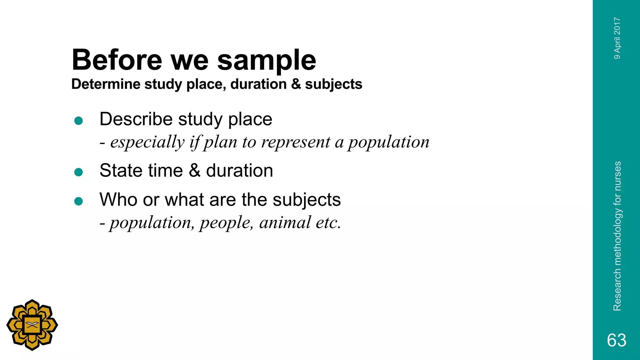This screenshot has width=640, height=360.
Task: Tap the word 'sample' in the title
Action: pos(267,61)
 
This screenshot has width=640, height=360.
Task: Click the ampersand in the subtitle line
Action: pos(296,84)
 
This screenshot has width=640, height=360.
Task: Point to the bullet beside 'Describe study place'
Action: pos(79,121)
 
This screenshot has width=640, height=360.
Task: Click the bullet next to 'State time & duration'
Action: pos(79,172)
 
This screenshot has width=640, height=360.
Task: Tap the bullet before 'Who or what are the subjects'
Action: pos(79,201)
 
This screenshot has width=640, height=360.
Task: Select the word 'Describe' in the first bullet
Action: pos(136,119)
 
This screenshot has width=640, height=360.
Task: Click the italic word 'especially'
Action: pos(147,142)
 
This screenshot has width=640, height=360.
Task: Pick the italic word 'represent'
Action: pos(296,142)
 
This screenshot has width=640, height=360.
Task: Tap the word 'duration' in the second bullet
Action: pos(239,171)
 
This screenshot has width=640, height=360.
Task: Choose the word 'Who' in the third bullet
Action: pos(118,199)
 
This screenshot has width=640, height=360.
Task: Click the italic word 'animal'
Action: pos(285,222)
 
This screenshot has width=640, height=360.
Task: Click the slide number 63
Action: pos(617,340)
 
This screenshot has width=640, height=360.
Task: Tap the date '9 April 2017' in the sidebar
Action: pos(617,38)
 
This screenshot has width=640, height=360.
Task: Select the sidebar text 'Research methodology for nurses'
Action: pos(617,236)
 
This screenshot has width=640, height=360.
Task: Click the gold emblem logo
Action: pos(32,325)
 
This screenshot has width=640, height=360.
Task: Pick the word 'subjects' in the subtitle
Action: pos(333,84)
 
